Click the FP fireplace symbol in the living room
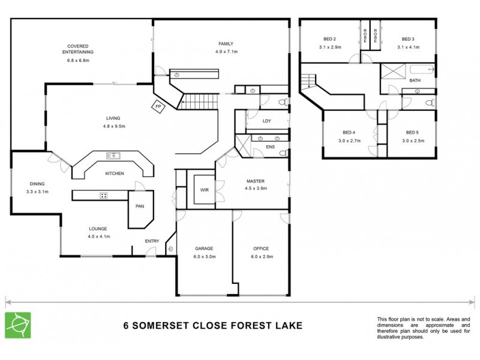point(158,107)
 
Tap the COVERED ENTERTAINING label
point(80,49)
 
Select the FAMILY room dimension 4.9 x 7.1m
point(226,52)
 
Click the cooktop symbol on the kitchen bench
point(103,195)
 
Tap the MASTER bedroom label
point(256,181)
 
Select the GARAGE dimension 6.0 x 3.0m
point(204,256)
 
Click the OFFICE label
point(261,248)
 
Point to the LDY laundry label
point(267,121)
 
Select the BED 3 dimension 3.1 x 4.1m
point(409,47)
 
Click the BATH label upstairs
point(415,80)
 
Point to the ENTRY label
point(152,241)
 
